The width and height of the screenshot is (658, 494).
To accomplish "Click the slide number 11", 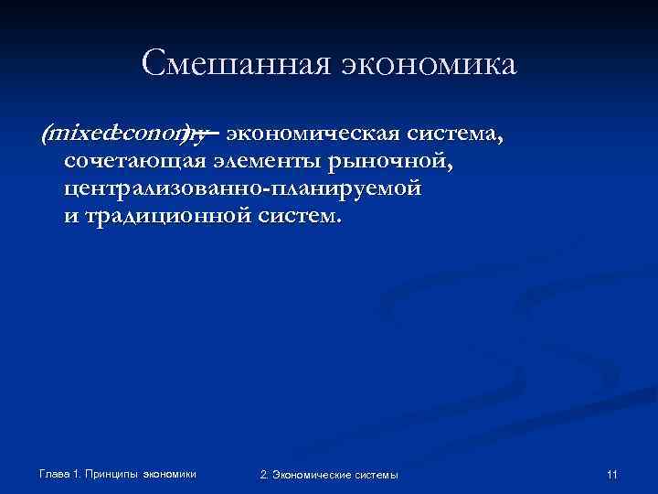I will click(612, 474).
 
